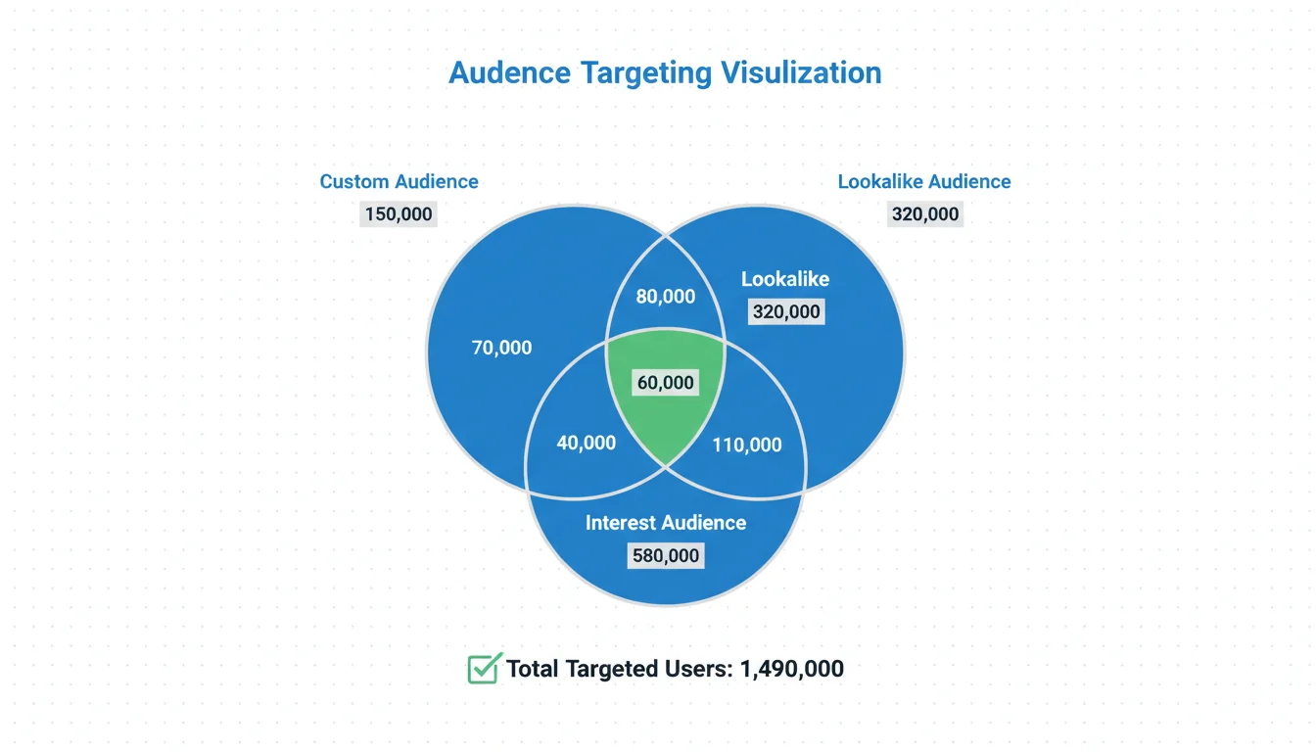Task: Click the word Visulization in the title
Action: pos(801,73)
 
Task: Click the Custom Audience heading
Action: pos(399,181)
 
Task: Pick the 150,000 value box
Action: pos(399,213)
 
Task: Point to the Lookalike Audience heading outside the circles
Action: pos(924,181)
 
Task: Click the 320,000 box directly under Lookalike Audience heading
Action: pos(925,213)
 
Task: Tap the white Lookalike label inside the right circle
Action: pos(785,279)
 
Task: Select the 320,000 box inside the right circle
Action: pos(785,312)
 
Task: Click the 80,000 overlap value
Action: pos(666,297)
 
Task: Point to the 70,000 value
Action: pos(502,347)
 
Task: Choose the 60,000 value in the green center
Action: pos(666,383)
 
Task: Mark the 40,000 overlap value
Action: pos(587,443)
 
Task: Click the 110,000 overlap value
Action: pos(747,445)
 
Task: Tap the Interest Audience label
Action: pos(666,523)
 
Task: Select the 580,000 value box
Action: pos(666,556)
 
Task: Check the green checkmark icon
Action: pos(485,669)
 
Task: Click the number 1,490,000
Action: pos(792,669)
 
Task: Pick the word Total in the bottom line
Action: pos(535,669)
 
